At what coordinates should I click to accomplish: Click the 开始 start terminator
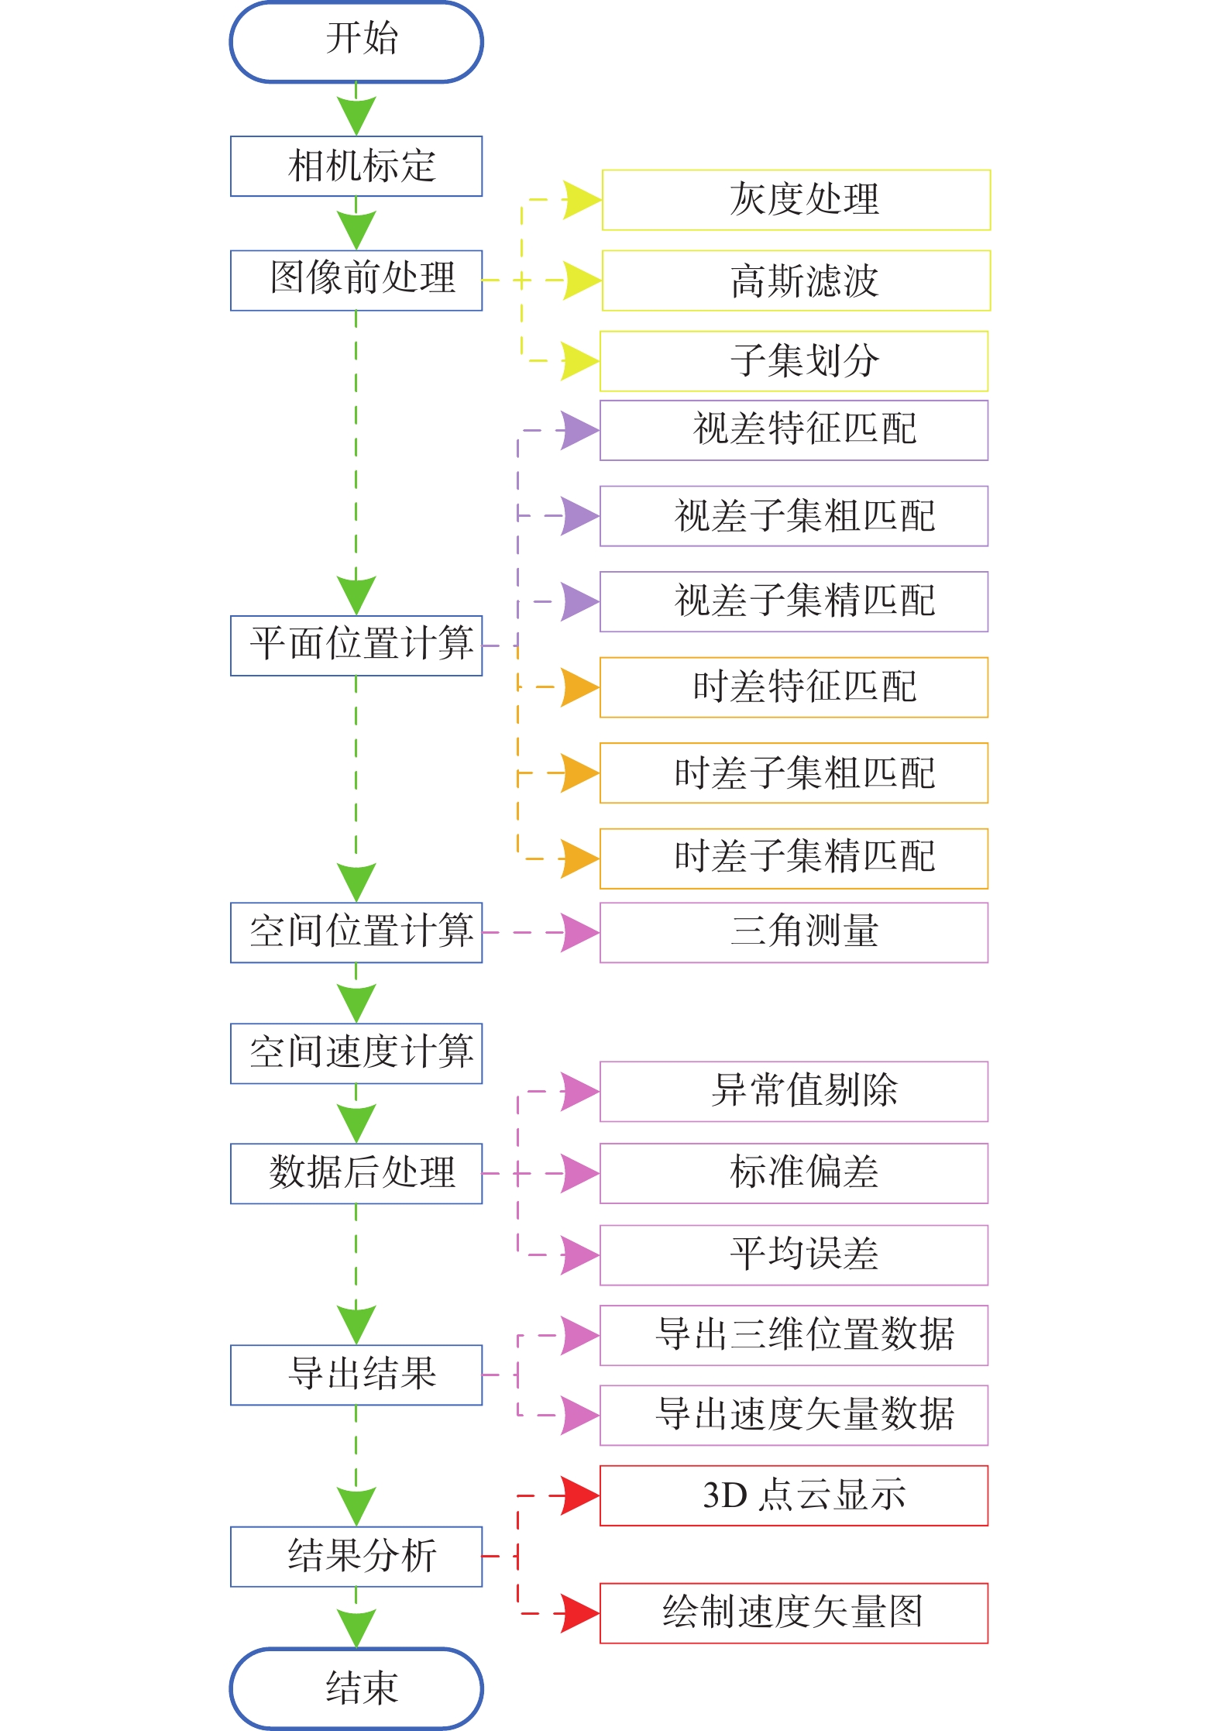coord(356,42)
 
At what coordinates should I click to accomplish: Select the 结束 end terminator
coord(356,1688)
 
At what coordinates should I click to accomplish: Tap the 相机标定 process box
coord(356,167)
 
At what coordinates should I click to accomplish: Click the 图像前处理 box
coord(356,280)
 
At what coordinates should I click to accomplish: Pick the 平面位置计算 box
coord(356,645)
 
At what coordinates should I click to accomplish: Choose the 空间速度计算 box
coord(356,1053)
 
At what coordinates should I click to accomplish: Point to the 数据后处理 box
coord(356,1173)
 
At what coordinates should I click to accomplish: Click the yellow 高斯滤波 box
coord(796,280)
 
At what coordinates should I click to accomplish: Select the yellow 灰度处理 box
coord(796,200)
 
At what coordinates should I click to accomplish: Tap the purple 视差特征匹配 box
coord(794,430)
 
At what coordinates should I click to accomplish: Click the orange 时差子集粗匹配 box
coord(794,773)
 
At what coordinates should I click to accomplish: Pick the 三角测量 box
coord(794,932)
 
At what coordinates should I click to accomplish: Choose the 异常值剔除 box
coord(794,1091)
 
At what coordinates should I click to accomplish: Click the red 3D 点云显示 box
coord(794,1495)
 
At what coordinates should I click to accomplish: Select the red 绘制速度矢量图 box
coord(794,1613)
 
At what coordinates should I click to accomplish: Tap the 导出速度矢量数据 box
coord(794,1415)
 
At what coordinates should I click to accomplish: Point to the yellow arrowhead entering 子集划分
coord(579,361)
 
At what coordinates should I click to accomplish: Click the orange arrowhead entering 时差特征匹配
coord(579,687)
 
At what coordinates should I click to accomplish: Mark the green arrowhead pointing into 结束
coord(356,1626)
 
